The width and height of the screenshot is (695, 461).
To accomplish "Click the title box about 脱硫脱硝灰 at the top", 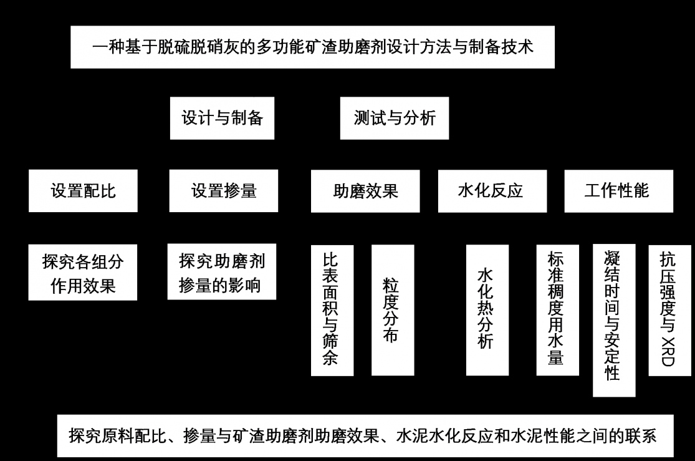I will [x=312, y=47].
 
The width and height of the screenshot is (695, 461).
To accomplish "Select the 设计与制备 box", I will [x=223, y=118].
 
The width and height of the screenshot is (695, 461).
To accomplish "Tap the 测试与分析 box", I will [x=395, y=118].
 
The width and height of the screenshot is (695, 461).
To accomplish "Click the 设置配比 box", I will [x=83, y=190].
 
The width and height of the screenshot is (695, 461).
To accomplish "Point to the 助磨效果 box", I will [x=365, y=190].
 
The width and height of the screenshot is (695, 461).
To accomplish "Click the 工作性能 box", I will [x=618, y=190].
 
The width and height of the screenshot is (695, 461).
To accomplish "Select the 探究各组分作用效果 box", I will [x=83, y=273].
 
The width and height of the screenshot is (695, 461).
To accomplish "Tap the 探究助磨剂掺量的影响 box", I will [x=223, y=273].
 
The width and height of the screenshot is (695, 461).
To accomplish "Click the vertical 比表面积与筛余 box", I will [x=332, y=310].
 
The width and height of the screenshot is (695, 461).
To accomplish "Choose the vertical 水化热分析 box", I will [x=486, y=310].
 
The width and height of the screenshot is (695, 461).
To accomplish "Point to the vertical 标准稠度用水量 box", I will [x=556, y=310].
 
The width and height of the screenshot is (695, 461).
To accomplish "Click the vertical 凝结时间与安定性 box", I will [x=613, y=319].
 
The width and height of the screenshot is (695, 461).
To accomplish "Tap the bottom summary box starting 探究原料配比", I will [x=365, y=435].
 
